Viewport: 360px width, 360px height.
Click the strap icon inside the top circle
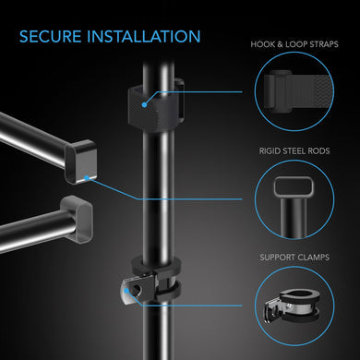click(295, 92)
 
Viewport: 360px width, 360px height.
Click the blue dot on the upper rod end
click(88, 175)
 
